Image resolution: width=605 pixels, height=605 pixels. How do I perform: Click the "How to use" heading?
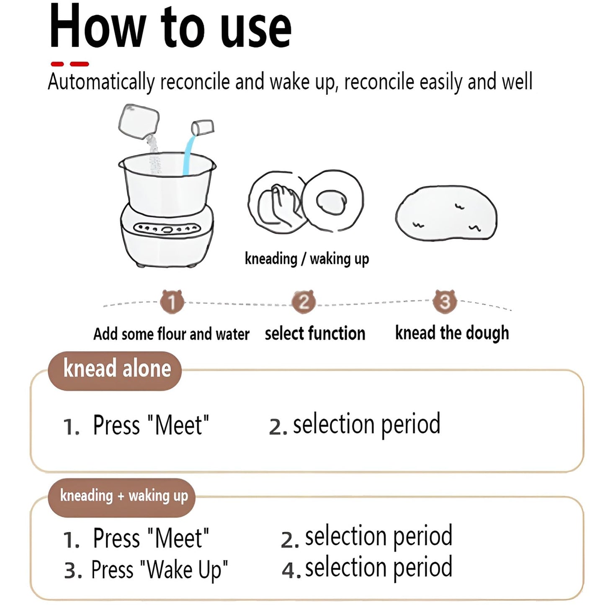click(x=170, y=27)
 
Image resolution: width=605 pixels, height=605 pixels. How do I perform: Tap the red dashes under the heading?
click(x=70, y=64)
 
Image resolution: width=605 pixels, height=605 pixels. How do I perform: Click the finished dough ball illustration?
click(x=446, y=213)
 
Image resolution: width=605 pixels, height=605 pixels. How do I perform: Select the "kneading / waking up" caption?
click(x=307, y=259)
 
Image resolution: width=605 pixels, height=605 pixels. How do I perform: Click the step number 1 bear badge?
click(x=172, y=301)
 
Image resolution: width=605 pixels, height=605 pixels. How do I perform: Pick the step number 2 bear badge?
click(x=303, y=301)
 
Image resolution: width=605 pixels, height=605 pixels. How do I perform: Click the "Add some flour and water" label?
click(x=171, y=334)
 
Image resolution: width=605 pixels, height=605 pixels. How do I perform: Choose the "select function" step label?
click(x=315, y=333)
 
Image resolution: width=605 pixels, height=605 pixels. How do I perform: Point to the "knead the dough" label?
click(x=452, y=333)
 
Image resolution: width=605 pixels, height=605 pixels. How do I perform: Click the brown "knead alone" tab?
click(x=115, y=371)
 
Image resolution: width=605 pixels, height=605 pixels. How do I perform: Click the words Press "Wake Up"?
click(x=160, y=569)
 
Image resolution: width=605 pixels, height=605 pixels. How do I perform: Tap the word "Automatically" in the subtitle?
click(x=101, y=82)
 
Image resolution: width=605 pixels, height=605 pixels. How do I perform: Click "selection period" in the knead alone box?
click(x=367, y=425)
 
